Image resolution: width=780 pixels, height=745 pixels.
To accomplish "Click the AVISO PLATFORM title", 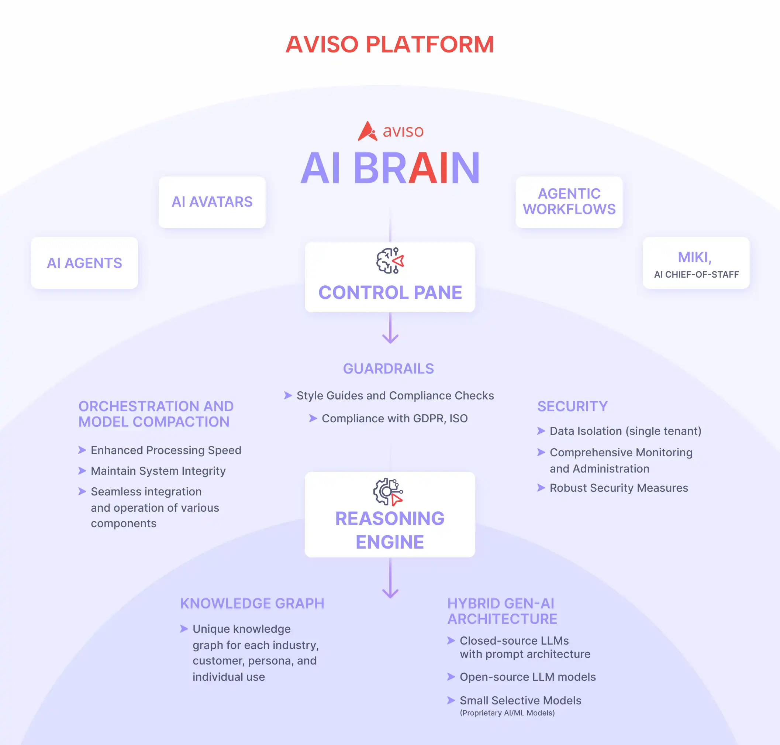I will pos(389,44).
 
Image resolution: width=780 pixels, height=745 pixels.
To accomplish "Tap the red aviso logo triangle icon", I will pos(367,131).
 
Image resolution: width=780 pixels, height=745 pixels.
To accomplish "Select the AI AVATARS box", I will pos(212,202).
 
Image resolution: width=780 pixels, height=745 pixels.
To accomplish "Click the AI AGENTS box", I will pos(84,263).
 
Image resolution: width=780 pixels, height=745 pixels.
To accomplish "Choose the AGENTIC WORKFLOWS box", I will pos(569,202).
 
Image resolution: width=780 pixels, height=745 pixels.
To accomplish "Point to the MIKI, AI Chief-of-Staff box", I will pos(696,263).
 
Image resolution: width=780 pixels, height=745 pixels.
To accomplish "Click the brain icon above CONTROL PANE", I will pos(390,261).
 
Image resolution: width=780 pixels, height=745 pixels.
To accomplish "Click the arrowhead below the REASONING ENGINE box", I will pos(390,593).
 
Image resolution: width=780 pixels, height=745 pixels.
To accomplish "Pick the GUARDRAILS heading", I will pos(388,368).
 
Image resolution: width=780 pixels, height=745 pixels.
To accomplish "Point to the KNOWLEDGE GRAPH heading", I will pos(252,603).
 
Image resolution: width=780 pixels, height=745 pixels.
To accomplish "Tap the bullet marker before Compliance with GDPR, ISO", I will pos(313,418).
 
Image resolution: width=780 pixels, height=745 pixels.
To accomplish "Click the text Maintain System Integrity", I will pos(158,471).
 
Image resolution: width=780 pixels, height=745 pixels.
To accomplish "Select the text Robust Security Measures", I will pos(618,488).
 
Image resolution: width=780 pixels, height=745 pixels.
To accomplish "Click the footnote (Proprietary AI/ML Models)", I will pos(507,713).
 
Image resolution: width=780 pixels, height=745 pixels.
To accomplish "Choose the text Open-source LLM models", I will pos(528,677).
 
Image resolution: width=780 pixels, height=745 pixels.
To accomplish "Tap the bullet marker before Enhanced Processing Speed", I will pos(82,450).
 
